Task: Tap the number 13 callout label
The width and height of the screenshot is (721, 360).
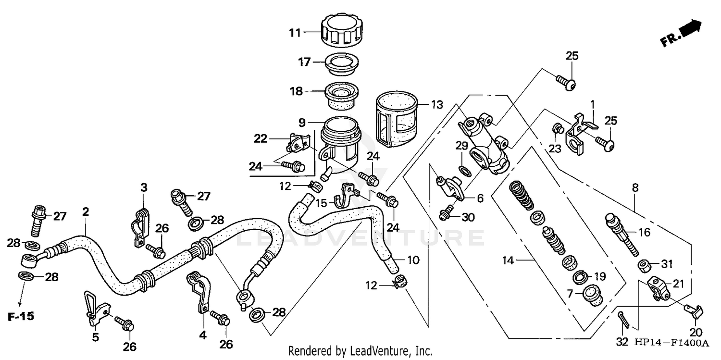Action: [436, 105]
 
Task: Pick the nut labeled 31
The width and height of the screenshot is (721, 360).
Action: [645, 265]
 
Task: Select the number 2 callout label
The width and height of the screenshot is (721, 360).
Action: [86, 211]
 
